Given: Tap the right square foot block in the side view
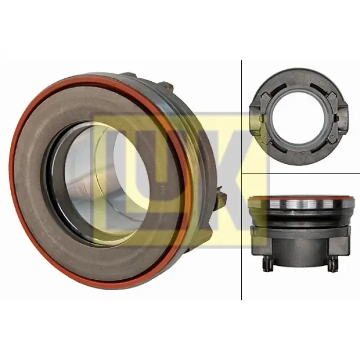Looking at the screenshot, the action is [340, 243].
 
